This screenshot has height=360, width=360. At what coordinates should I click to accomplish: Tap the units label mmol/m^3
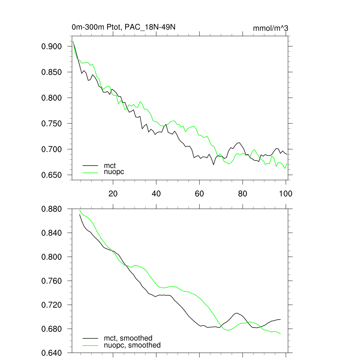pos(270,28)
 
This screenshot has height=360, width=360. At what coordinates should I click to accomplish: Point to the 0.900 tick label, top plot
pos(52,46)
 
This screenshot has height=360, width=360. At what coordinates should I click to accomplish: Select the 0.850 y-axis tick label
pos(52,72)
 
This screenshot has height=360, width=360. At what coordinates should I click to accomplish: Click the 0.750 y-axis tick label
pos(52,123)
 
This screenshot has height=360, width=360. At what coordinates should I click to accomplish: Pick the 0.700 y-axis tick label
pos(52,149)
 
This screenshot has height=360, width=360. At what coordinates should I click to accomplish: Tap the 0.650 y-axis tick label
pos(52,175)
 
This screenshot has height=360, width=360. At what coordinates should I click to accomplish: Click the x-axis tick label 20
pos(112,193)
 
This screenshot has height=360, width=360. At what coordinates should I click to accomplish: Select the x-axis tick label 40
pos(156,193)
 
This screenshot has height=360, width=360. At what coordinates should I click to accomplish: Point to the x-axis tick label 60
pos(199,193)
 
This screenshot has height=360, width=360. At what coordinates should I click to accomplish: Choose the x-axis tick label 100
pos(285,193)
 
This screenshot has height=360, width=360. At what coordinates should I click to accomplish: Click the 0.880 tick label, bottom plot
pos(52,209)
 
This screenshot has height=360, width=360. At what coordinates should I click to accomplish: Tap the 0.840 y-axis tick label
pos(52,233)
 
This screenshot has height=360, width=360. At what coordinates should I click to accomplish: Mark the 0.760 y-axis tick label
pos(52,281)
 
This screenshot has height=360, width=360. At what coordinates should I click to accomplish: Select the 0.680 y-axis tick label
pos(52,329)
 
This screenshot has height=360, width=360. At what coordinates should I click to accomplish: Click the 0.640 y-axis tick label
pos(52,353)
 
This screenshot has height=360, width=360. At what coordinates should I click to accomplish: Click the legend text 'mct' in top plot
pos(109,165)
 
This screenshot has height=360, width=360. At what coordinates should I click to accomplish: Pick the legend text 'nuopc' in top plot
pos(114,172)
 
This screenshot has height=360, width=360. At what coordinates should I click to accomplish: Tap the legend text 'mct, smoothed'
pos(128,338)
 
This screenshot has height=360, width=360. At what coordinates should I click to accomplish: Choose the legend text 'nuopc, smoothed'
pos(132,345)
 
